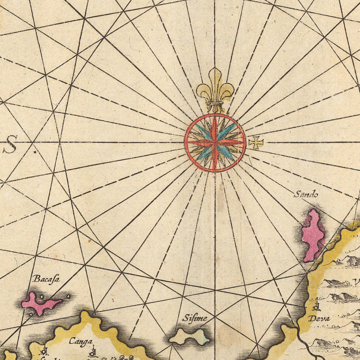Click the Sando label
click(x=306, y=195)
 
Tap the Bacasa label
click(x=46, y=279)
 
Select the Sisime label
click(x=195, y=318)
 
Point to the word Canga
click(x=80, y=342)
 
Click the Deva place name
click(x=319, y=319)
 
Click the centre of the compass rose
click(x=215, y=143)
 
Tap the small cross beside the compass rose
click(x=256, y=142)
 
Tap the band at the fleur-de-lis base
click(x=215, y=104)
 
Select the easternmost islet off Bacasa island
click(x=68, y=296)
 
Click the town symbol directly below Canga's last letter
click(x=92, y=353)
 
